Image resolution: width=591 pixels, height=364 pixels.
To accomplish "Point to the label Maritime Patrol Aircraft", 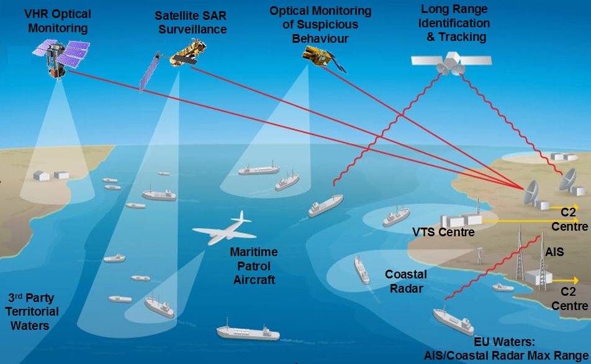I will (x=254, y=266).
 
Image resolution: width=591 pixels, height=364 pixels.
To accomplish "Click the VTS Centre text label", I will (x=443, y=233).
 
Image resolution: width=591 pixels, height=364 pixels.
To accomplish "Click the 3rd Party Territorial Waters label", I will (x=34, y=311).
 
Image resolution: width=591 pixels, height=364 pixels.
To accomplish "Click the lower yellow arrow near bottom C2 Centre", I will (x=565, y=280).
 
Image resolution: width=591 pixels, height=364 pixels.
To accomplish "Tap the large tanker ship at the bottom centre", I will (x=246, y=331).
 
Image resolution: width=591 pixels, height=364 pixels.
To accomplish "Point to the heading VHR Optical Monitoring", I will (x=57, y=20).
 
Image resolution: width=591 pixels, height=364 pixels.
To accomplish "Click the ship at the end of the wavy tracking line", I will (x=326, y=205).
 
